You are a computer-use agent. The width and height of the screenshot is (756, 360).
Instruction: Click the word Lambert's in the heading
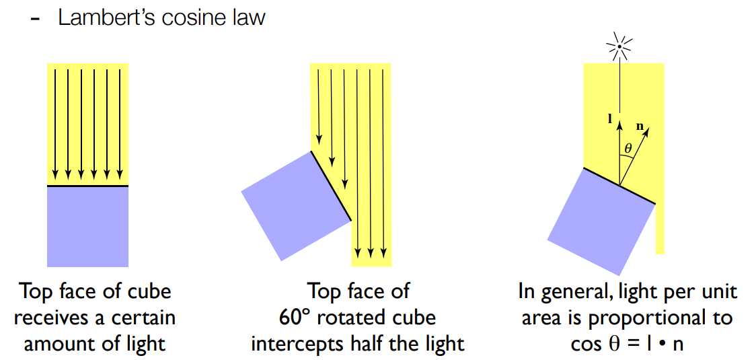103,17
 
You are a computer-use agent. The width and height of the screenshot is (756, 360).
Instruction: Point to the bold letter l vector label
609,119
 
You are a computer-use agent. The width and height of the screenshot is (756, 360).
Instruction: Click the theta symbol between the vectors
628,148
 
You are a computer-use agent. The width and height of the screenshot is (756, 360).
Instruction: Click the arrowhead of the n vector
648,130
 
